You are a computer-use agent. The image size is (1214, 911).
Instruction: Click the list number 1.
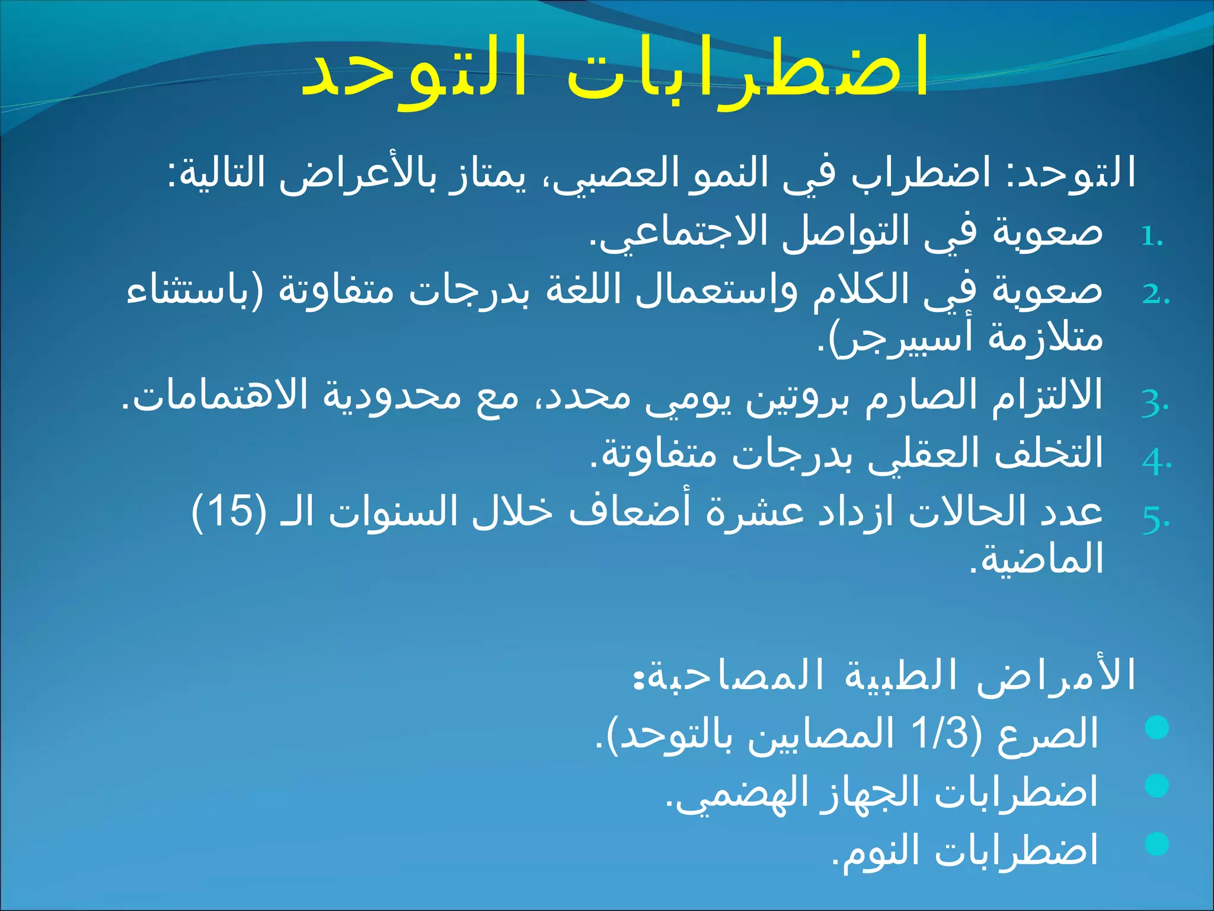[1151, 237]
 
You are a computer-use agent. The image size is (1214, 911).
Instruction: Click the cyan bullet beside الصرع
[1157, 728]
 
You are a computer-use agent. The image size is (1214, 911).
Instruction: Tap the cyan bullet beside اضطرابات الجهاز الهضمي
[1157, 786]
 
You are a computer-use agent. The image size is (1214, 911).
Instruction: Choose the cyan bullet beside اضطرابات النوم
[1157, 844]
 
